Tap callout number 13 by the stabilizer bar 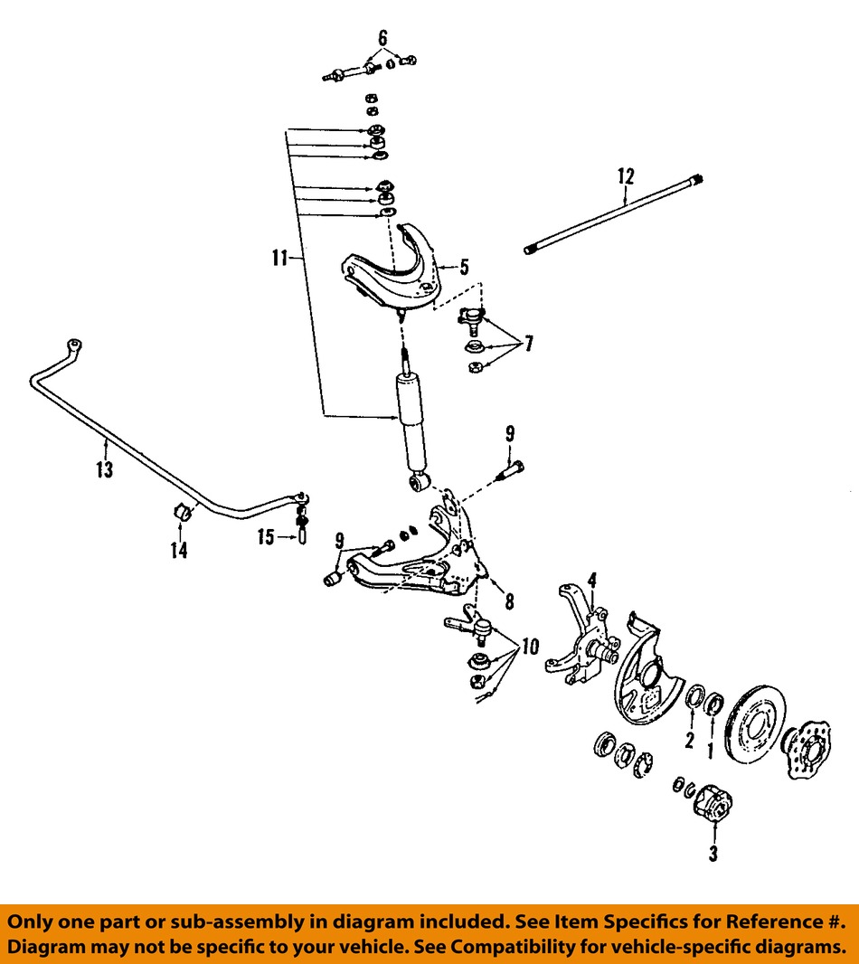pos(105,469)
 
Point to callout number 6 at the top pos(382,37)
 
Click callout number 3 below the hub pos(713,853)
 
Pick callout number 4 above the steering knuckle pos(592,579)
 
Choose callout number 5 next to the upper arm pos(463,267)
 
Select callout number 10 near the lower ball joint pos(529,647)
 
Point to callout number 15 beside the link pos(265,538)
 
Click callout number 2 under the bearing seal pos(689,742)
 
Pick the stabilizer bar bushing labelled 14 pos(182,513)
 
